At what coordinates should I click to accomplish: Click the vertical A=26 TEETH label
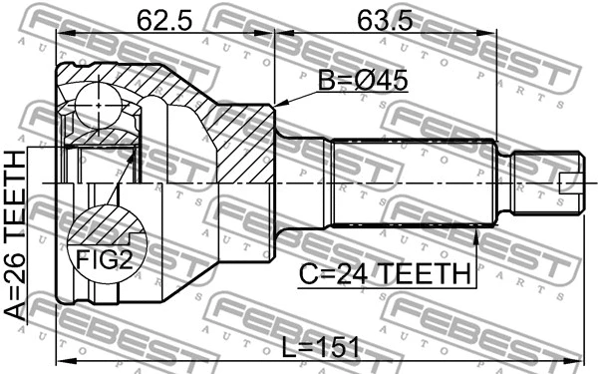[17, 235]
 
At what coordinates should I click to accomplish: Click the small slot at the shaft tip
[570, 183]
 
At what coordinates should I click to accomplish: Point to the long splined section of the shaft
[414, 183]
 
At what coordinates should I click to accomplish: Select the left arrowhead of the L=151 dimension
[63, 361]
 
